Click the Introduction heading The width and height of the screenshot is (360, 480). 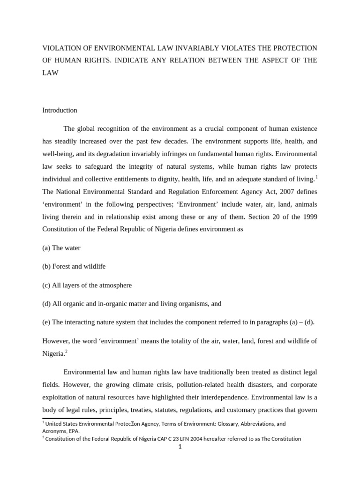point(60,110)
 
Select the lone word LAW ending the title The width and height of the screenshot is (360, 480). point(50,73)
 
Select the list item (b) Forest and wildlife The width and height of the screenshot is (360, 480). point(74,266)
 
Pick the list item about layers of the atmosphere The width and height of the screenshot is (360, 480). point(87,285)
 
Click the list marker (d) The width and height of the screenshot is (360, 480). point(46,304)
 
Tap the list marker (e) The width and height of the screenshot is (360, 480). point(46,322)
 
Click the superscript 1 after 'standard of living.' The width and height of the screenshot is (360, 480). point(316,177)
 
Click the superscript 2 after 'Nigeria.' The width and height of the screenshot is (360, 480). point(67,351)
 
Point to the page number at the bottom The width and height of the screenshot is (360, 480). point(180,447)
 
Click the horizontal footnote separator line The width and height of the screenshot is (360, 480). point(77,418)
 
